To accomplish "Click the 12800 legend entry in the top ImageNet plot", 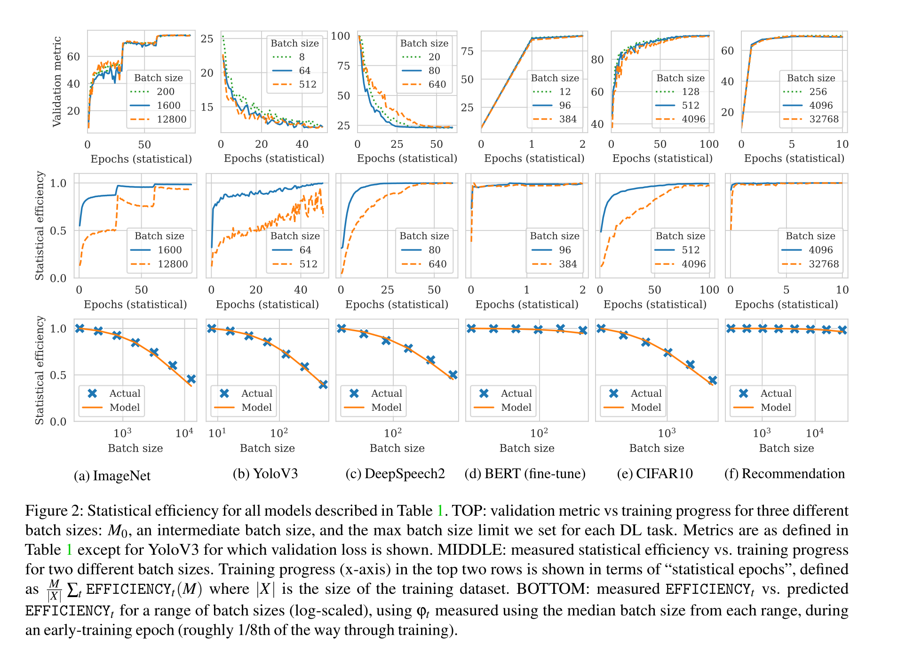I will pyautogui.click(x=171, y=119).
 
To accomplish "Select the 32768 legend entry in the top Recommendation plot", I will pyautogui.click(x=824, y=119).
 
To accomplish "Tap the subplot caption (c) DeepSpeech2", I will pyautogui.click(x=395, y=473).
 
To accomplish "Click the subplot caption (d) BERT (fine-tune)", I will pyautogui.click(x=525, y=473).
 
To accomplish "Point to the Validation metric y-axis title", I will pyautogui.click(x=57, y=81).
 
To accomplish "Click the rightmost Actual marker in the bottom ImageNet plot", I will pyautogui.click(x=191, y=379).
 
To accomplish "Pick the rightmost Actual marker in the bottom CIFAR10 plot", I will pyautogui.click(x=712, y=380).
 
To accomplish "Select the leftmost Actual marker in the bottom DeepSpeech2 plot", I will pyautogui.click(x=342, y=328).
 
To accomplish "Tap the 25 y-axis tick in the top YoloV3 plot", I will pyautogui.click(x=207, y=39).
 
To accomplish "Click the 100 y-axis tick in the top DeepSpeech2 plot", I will pyautogui.click(x=340, y=36).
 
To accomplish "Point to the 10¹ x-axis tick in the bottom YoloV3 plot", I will pyautogui.click(x=217, y=433).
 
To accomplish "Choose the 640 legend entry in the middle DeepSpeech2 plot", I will pyautogui.click(x=437, y=264).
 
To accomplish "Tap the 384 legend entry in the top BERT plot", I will pyautogui.click(x=568, y=119).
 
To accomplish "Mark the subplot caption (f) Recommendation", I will pyautogui.click(x=785, y=473).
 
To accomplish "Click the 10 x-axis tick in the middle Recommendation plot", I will pyautogui.click(x=842, y=290).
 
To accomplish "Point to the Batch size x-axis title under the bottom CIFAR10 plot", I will pyautogui.click(x=657, y=448).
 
